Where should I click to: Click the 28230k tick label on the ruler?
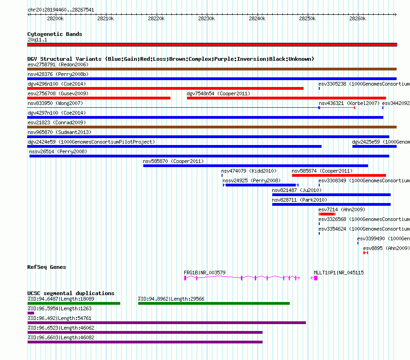coord(206,18)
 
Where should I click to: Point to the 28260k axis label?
coord(357,18)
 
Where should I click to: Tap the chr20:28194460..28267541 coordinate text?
coord(61,10)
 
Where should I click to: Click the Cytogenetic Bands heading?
coord(55,34)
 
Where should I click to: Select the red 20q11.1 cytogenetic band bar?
coord(212,45)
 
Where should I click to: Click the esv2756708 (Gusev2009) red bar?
coord(99,98)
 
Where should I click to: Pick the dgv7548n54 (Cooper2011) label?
coord(218,93)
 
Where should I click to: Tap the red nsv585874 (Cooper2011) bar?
coord(339,175)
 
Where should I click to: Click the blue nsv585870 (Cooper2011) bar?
coord(256,166)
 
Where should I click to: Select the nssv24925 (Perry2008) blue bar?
coord(261,185)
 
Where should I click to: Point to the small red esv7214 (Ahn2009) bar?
coord(327,214)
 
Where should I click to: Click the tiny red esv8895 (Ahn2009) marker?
coord(366,253)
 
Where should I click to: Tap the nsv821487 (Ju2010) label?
coord(297,190)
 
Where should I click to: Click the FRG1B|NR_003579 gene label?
coord(205,273)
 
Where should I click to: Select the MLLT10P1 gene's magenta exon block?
coord(316,278)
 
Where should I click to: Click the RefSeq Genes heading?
coord(47,267)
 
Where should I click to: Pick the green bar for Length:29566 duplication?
coord(214,303)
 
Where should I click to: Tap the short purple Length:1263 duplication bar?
coord(30,313)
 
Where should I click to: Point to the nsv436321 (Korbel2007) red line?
coord(337,108)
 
